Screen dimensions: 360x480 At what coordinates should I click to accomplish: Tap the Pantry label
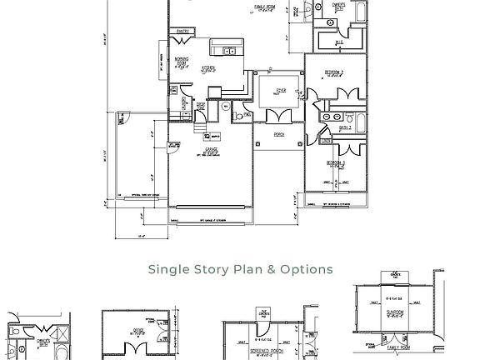coord(183,31)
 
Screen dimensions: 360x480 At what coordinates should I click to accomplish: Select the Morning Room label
coord(182,61)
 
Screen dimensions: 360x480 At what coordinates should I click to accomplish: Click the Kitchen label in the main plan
coord(208,68)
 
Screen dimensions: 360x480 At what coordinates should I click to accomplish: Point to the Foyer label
coord(281,89)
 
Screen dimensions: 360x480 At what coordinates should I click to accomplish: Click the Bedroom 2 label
coord(334,72)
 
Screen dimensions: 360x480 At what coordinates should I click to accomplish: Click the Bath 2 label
coord(344,128)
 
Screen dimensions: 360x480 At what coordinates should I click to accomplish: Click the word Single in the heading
coord(169,269)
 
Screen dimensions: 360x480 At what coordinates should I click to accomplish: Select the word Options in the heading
coord(307,269)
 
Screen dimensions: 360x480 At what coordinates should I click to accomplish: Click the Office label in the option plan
coord(138,331)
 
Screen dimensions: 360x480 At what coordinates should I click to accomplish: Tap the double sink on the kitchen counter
coord(229,52)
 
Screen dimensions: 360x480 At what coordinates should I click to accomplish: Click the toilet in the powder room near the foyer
coord(238,117)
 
